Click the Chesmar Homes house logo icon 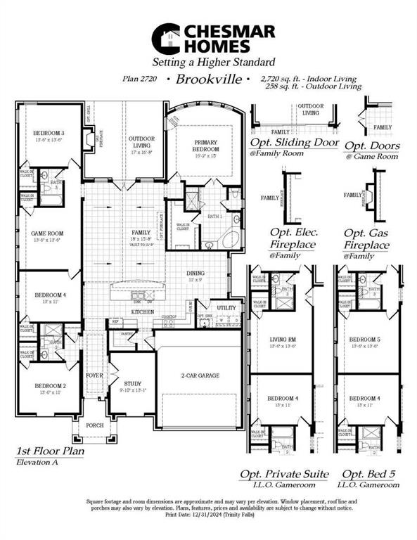click(166, 38)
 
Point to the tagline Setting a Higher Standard click(209, 62)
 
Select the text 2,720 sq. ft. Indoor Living click(307, 79)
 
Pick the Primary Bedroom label click(207, 146)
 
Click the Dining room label click(196, 274)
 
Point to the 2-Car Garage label click(200, 375)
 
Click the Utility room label click(226, 308)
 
